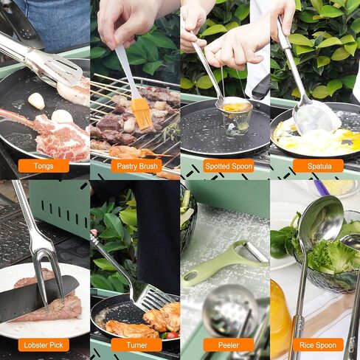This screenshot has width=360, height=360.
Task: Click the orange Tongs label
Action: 44,166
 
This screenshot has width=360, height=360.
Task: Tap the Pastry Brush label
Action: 136,166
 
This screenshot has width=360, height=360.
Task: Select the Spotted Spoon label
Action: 228,166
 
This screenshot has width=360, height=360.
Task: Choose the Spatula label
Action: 318,166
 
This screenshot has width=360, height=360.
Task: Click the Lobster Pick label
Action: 44,345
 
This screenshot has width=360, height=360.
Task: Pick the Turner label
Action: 136,345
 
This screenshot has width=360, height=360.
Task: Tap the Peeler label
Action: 228,345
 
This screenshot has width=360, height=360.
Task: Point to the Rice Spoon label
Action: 318,345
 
